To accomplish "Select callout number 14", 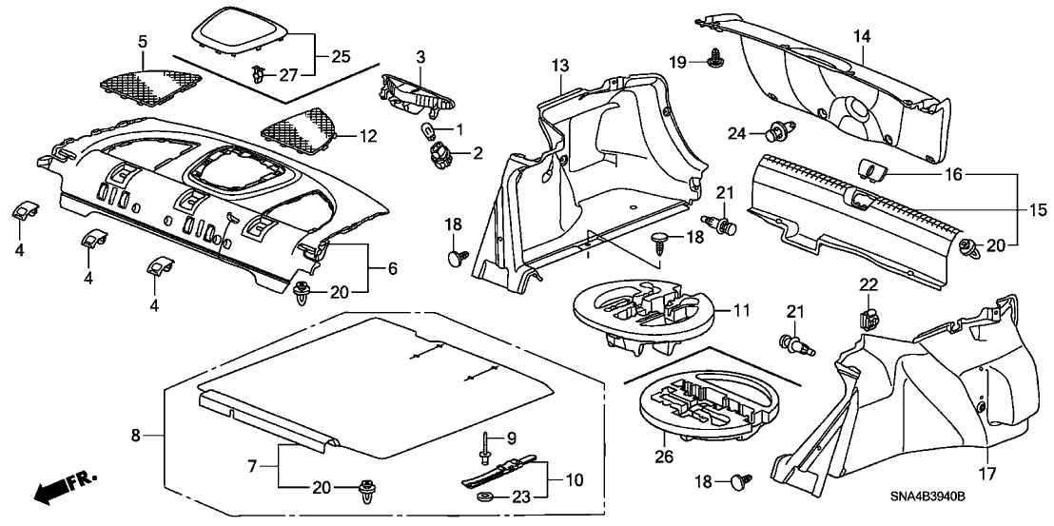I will [862, 36].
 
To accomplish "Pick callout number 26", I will [663, 458].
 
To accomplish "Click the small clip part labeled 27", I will [260, 73].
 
